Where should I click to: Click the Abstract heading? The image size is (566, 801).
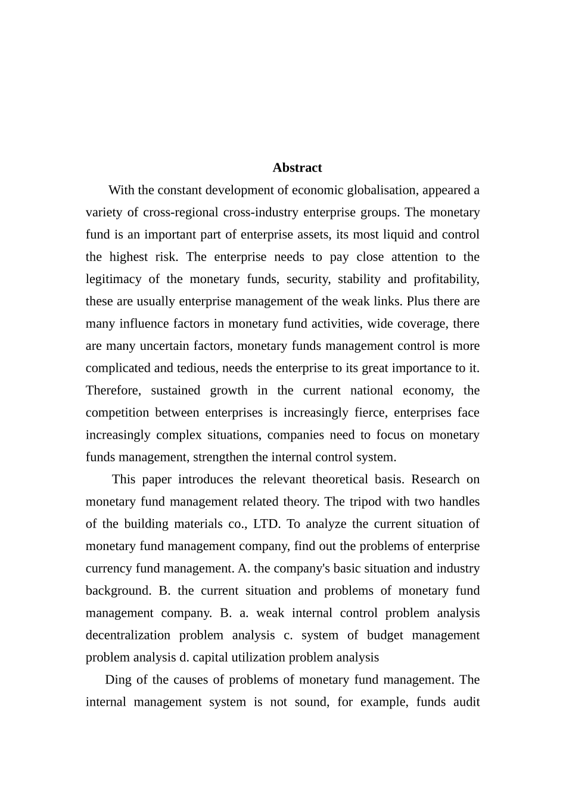(297, 167)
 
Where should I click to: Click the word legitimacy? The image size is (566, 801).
(113, 279)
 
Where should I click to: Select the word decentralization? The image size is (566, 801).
(127, 635)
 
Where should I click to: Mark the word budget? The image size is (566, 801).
(385, 635)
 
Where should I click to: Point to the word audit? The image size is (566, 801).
(467, 701)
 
